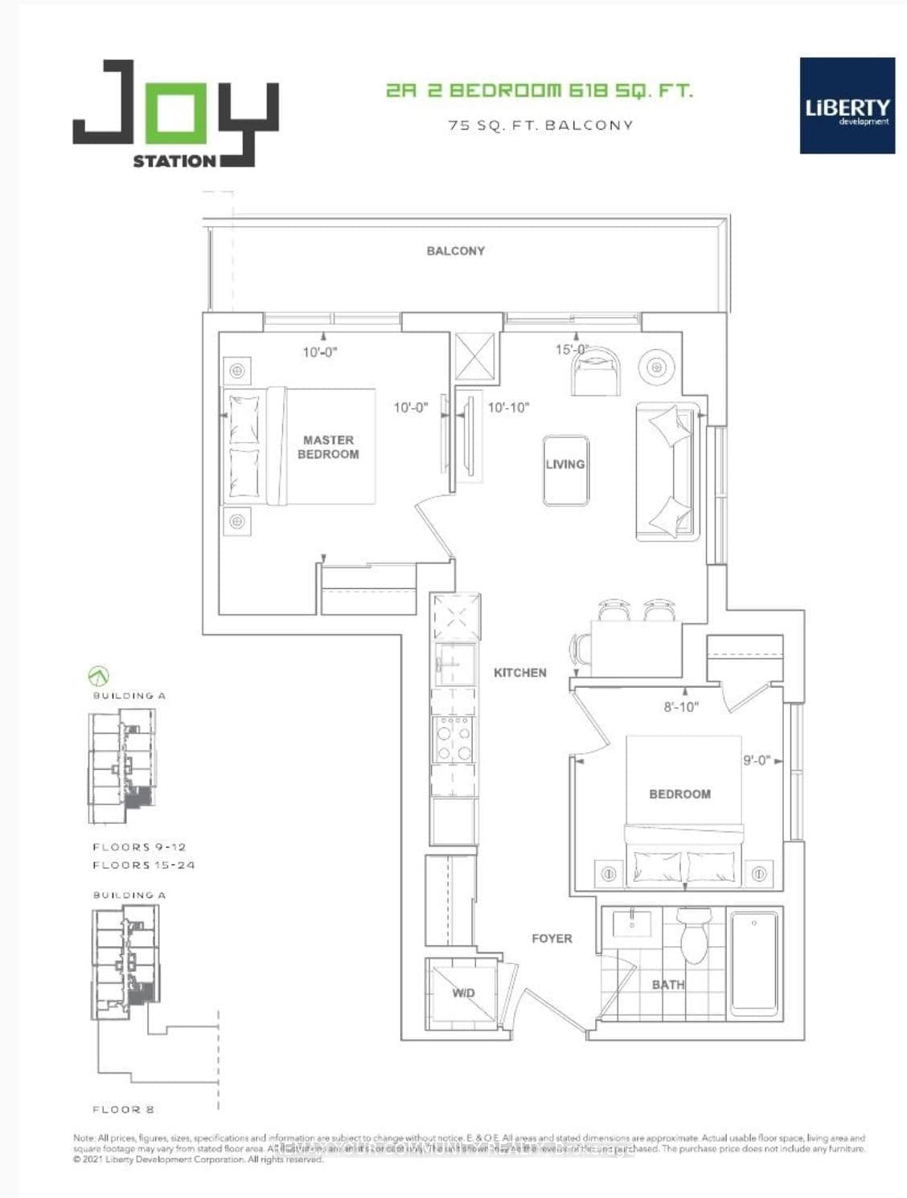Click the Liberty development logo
847,105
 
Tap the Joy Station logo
176,114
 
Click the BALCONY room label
455,251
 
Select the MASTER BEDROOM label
328,447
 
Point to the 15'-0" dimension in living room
572,350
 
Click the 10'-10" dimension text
508,408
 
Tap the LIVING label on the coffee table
565,464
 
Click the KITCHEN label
519,673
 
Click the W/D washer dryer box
462,993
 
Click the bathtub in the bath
754,961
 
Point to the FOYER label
552,939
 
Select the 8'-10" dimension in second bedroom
680,707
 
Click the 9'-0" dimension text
757,760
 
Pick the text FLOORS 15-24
144,865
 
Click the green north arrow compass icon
98,676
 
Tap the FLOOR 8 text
124,1109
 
